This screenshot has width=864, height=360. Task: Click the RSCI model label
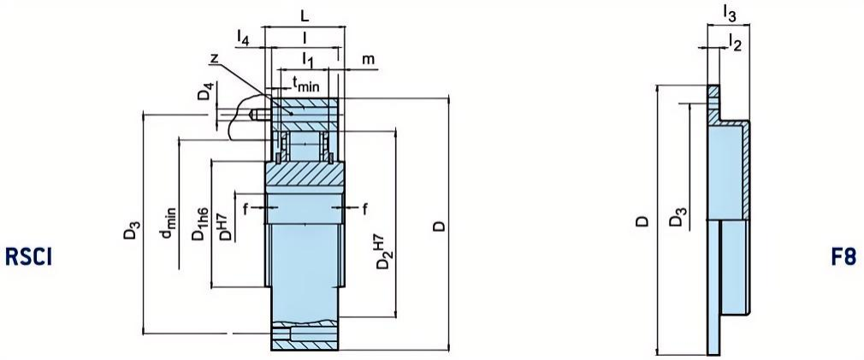(29, 257)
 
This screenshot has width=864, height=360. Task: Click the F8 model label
(843, 257)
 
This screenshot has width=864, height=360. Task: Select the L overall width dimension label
(305, 15)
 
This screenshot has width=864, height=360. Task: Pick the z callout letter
(214, 56)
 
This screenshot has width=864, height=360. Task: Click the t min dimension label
(306, 83)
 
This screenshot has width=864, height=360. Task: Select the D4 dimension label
(204, 91)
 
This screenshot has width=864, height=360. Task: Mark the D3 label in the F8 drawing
(676, 219)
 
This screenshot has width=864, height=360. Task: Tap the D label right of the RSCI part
(437, 226)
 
